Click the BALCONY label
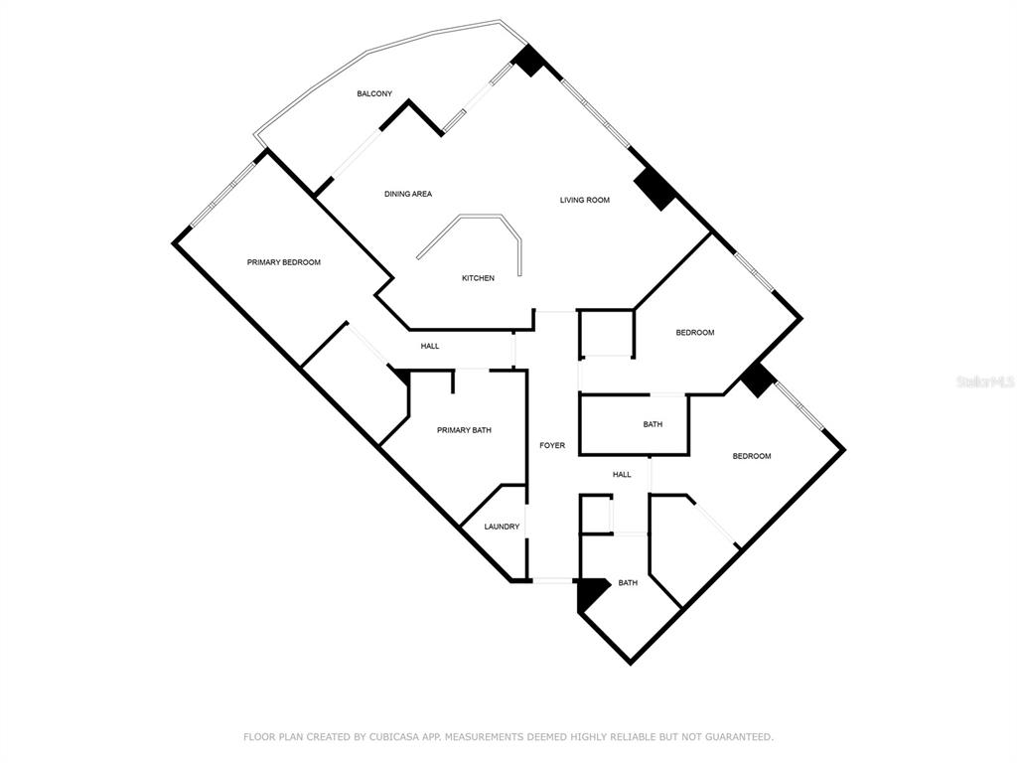[x=374, y=93]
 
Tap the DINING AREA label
[x=408, y=194]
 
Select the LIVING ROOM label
[x=584, y=200]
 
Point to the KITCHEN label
[x=478, y=278]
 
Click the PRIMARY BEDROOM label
[x=283, y=262]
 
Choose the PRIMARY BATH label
[x=464, y=429]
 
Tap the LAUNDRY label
[x=502, y=527]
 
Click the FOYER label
[x=552, y=445]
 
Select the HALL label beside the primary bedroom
[x=430, y=346]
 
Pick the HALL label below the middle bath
[x=622, y=474]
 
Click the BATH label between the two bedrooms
[x=653, y=424]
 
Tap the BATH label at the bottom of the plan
[x=628, y=582]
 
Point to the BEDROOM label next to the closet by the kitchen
[x=694, y=332]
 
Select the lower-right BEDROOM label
[x=752, y=456]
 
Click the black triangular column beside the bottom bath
[x=589, y=592]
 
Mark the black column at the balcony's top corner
[x=529, y=60]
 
